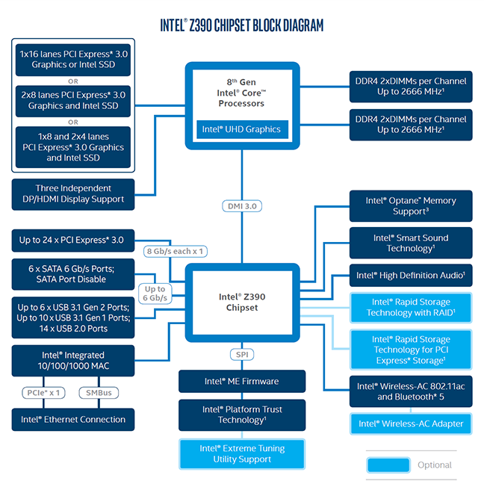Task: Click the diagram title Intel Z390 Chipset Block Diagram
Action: [242, 25]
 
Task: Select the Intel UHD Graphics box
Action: [241, 129]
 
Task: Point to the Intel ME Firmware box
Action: [241, 381]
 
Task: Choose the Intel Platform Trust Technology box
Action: [241, 415]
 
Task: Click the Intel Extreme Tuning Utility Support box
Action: [241, 454]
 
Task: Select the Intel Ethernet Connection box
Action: [73, 420]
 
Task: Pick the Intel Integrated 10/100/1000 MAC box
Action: [73, 361]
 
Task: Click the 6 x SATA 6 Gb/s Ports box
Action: [73, 273]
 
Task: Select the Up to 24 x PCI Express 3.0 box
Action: [73, 241]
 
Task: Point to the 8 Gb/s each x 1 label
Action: [174, 252]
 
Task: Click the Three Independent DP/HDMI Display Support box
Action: [73, 193]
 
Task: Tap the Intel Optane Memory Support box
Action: [410, 206]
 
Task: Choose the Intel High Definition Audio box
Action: [410, 276]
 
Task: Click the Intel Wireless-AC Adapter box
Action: [410, 424]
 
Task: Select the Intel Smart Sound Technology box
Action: [410, 243]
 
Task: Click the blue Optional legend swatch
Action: [388, 465]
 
